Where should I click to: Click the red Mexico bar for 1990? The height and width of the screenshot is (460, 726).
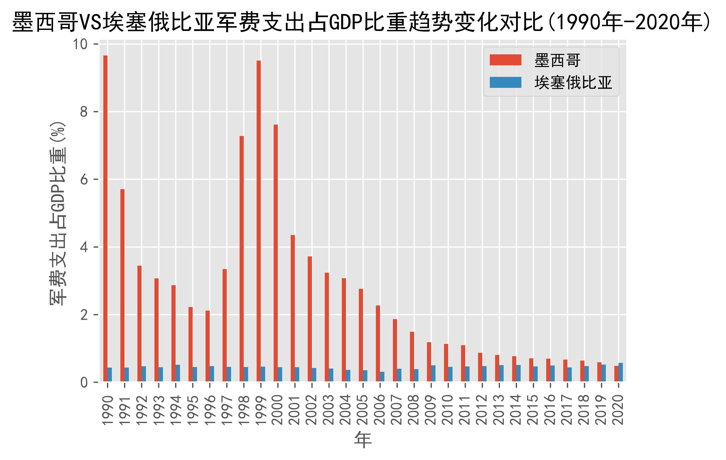[105, 219]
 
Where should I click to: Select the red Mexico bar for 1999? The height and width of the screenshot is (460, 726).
[259, 221]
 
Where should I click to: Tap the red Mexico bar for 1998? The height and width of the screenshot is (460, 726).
[241, 259]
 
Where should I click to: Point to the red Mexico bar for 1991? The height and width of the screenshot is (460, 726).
[122, 285]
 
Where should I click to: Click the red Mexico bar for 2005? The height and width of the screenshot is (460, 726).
[361, 335]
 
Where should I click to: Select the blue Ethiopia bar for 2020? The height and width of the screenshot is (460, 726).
[620, 372]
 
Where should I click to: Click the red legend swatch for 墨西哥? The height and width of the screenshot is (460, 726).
[505, 60]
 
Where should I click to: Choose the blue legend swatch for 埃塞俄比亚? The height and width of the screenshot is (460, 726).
[505, 82]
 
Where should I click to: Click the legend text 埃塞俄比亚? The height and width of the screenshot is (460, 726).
[573, 82]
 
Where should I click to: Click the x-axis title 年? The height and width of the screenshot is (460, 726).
[363, 440]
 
